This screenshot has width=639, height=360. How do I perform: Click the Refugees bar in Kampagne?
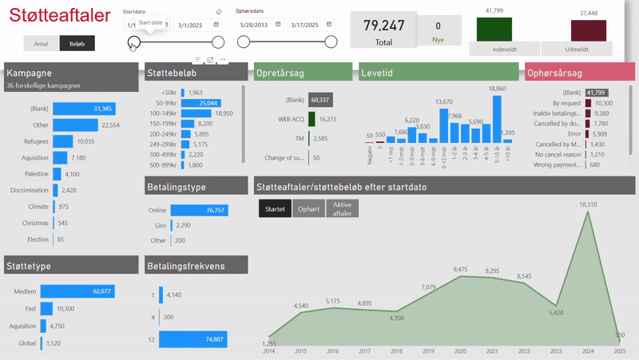click(63, 141)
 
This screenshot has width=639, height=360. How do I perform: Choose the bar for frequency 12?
click(192, 339)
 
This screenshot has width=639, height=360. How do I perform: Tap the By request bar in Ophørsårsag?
click(588, 103)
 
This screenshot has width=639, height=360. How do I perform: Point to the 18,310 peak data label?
click(588, 204)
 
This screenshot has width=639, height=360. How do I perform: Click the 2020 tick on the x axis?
click(460, 351)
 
